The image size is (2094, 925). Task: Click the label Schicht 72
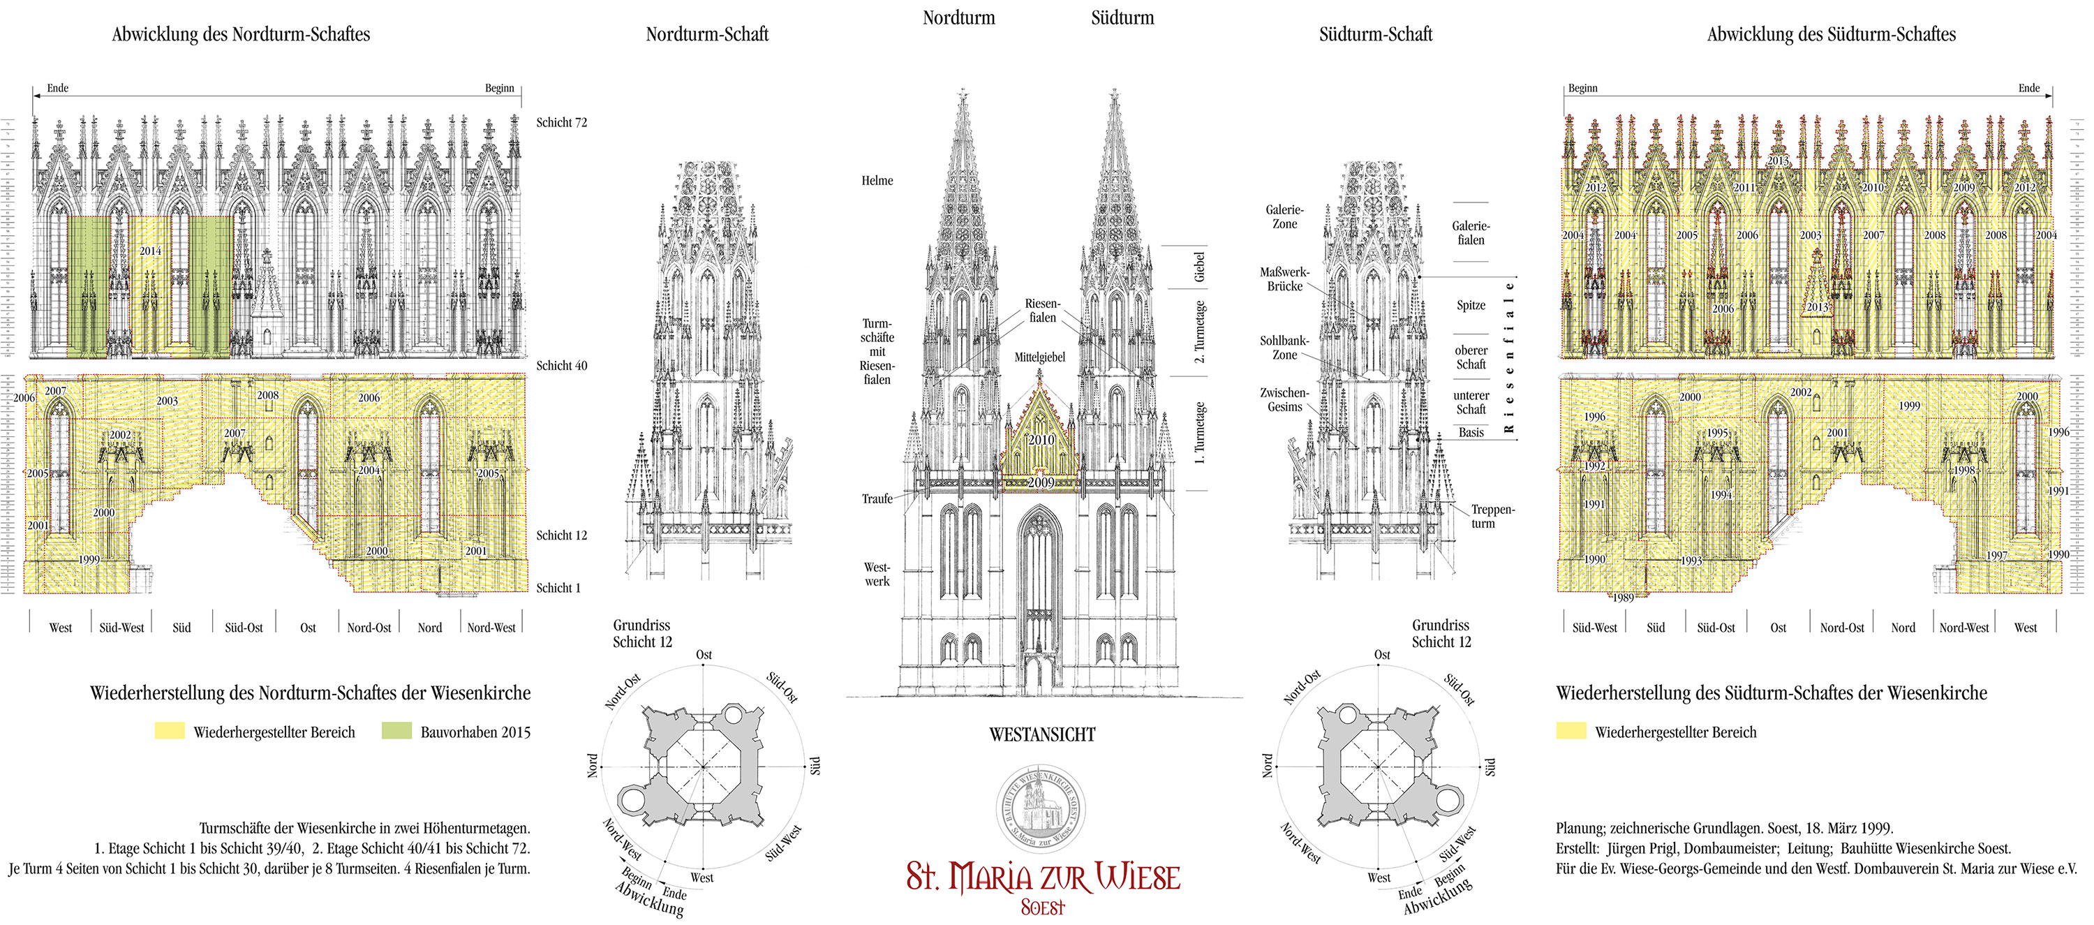click(561, 123)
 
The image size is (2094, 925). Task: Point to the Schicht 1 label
click(558, 588)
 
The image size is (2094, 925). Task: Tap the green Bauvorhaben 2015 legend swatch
click(396, 731)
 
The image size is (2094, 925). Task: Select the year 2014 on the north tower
click(150, 251)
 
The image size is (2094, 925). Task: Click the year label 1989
click(1623, 598)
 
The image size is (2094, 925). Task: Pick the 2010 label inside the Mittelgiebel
click(1041, 440)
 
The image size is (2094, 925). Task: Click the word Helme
click(877, 180)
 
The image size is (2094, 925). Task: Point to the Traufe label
click(877, 498)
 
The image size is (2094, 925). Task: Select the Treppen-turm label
click(1492, 516)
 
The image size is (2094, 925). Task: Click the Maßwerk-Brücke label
click(1284, 279)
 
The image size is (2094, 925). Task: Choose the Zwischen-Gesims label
click(1284, 399)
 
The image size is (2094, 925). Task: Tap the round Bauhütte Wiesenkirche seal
click(1042, 810)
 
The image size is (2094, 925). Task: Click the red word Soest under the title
click(1042, 907)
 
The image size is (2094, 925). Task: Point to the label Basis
click(1471, 432)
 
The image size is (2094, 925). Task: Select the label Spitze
click(1471, 306)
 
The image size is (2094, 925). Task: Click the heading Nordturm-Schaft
click(706, 34)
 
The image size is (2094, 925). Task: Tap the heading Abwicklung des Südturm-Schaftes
click(1831, 34)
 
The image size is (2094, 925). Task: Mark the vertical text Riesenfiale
click(1510, 356)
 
